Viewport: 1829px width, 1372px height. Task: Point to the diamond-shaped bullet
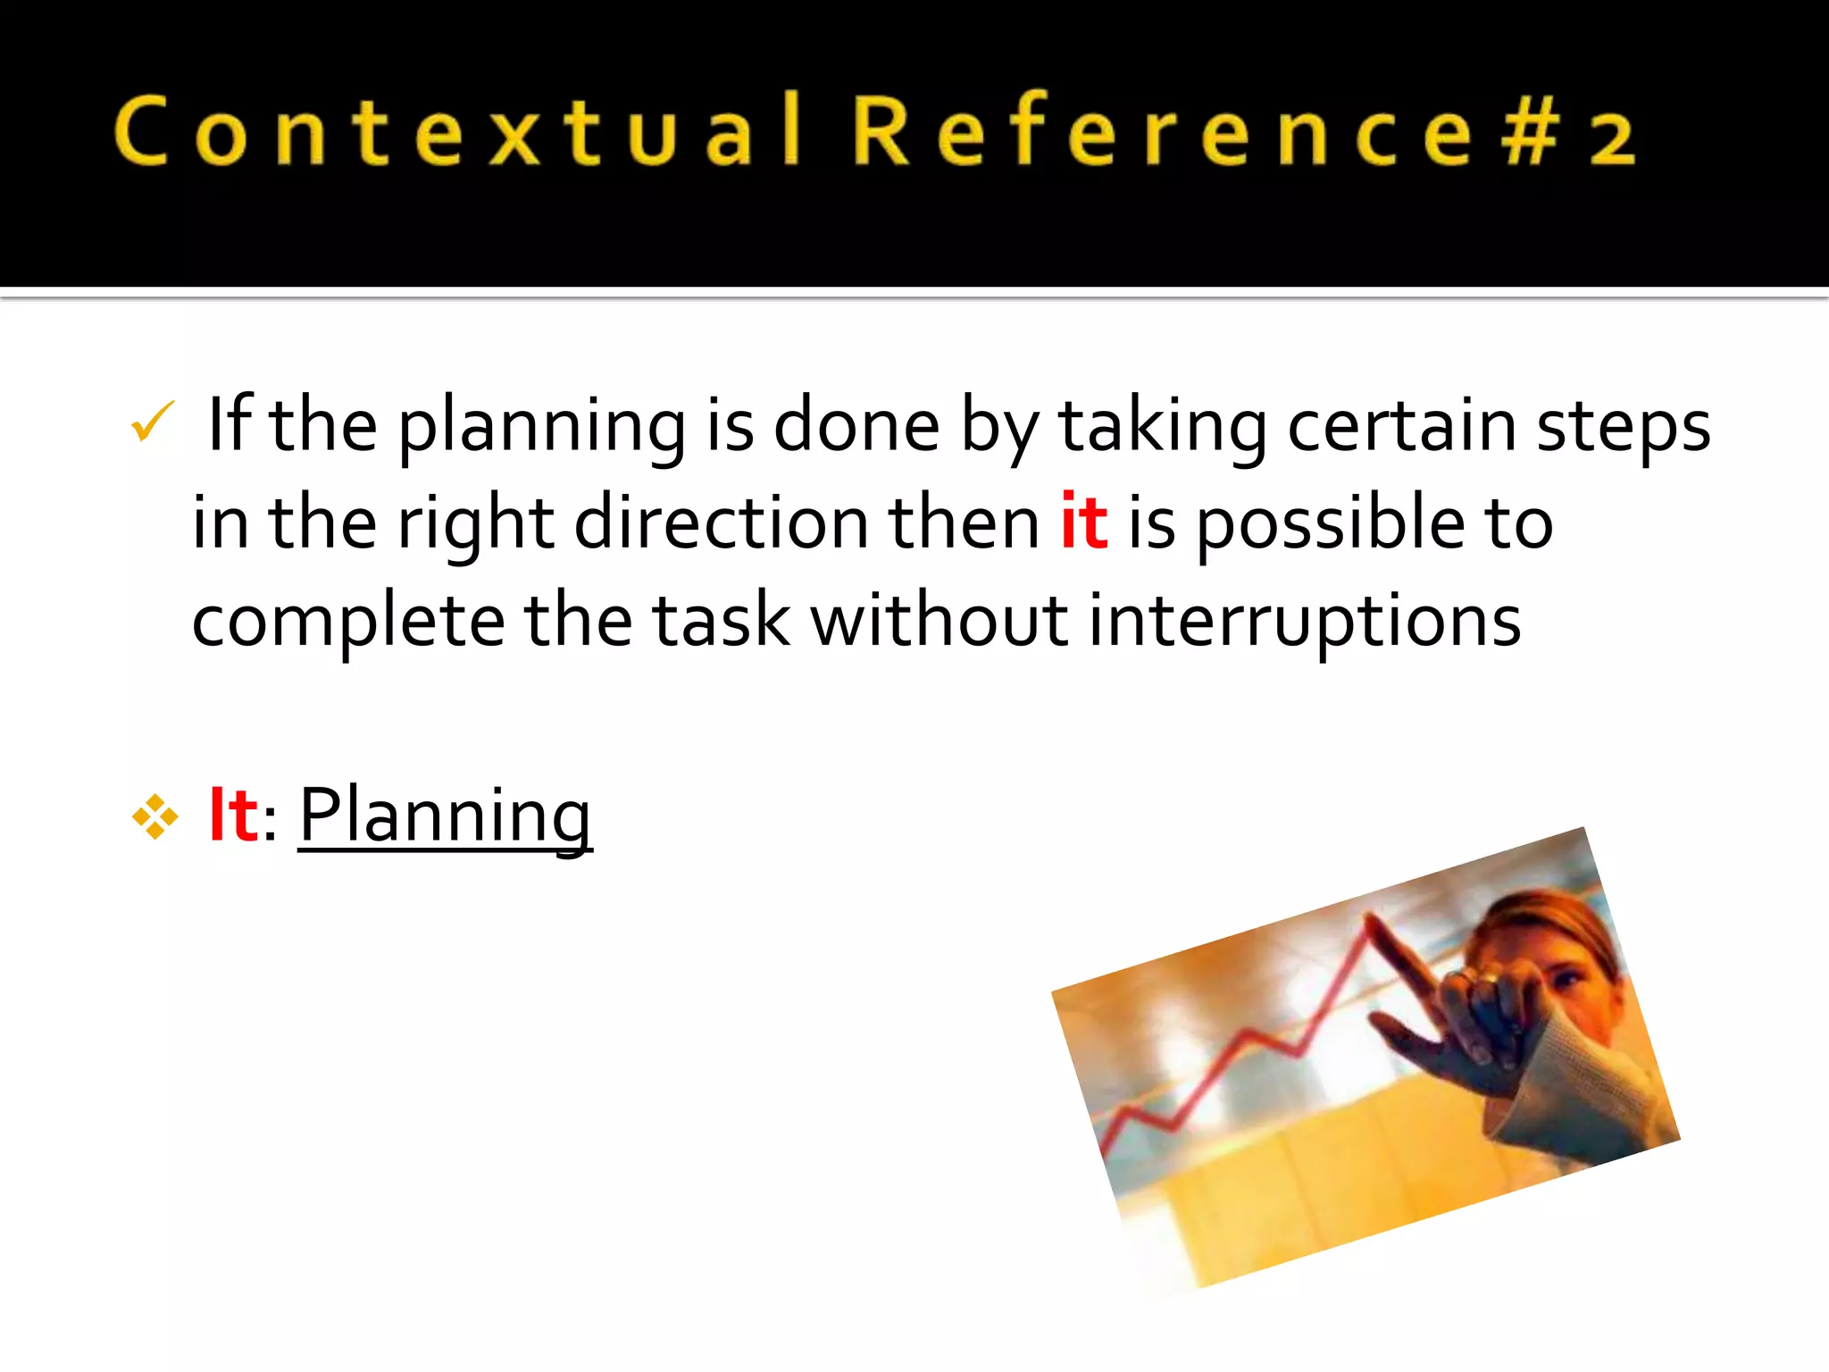(155, 816)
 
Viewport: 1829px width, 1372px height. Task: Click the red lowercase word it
(1083, 522)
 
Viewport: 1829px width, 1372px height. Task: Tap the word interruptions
(1304, 620)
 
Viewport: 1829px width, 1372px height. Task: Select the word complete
(348, 622)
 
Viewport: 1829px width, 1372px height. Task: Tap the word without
(939, 620)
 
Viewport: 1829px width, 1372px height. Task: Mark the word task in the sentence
(722, 620)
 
